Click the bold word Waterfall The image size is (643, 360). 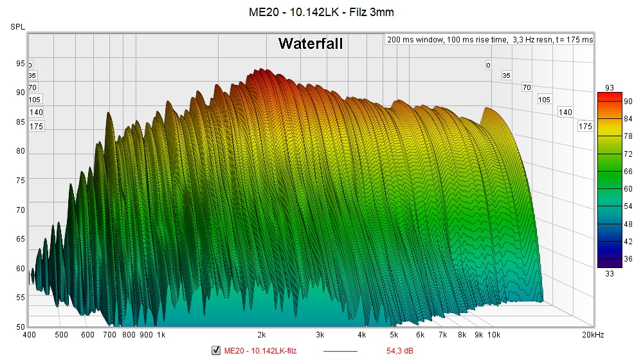(x=310, y=44)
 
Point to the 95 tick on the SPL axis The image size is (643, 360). (x=21, y=63)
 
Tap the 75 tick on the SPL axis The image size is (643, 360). (x=21, y=181)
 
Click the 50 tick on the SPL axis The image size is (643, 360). (x=21, y=327)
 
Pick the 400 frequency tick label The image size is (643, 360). (x=29, y=335)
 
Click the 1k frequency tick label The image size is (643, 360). (x=161, y=335)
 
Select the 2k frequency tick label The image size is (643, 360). (x=262, y=335)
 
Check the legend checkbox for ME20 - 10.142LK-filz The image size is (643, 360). (x=216, y=350)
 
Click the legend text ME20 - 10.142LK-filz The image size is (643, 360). (x=260, y=350)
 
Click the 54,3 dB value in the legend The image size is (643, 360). (x=399, y=350)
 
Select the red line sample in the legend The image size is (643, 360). (x=340, y=351)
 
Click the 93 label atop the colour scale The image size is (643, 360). (x=610, y=87)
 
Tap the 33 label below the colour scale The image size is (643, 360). (x=610, y=272)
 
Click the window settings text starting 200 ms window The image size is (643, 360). (x=490, y=40)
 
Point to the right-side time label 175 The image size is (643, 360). (x=585, y=127)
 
